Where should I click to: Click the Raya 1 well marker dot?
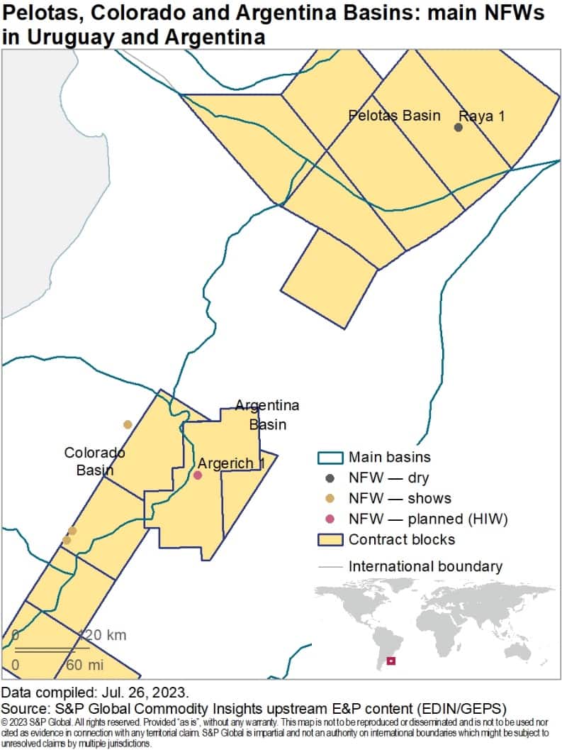[x=459, y=127]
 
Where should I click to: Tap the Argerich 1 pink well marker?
[x=198, y=475]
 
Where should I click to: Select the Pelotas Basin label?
[x=395, y=115]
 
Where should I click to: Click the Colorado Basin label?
[x=94, y=461]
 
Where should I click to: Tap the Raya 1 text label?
[x=482, y=116]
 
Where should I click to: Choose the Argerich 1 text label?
[x=231, y=463]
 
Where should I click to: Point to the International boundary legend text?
[x=425, y=566]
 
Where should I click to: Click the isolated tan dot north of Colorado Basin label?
[x=128, y=424]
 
